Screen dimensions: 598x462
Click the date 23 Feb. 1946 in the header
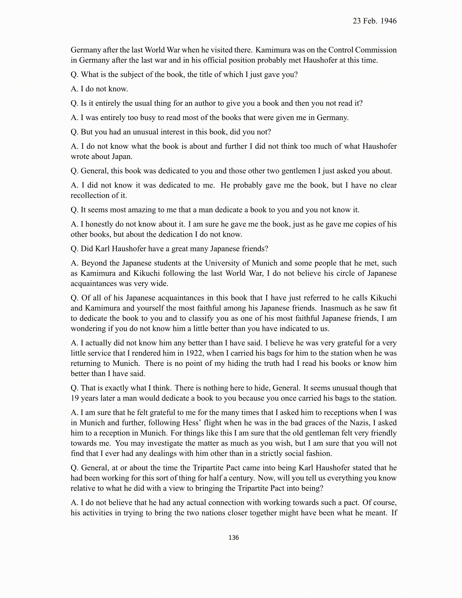click(374, 21)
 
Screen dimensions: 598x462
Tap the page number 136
click(234, 538)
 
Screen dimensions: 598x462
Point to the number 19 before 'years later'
click(75, 398)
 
